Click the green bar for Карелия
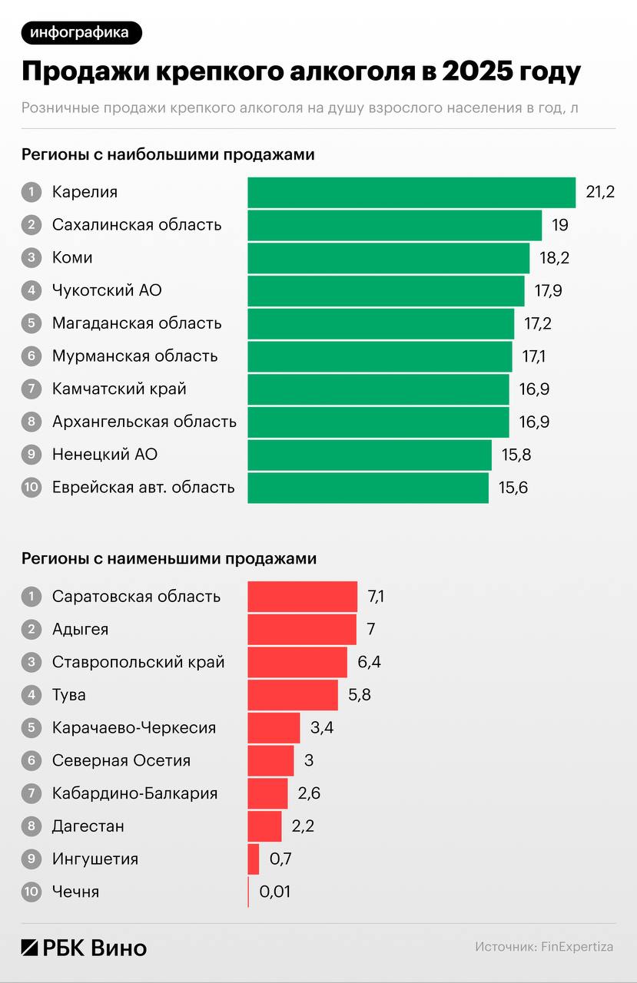point(411,192)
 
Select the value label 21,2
point(600,192)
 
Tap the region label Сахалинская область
point(137,225)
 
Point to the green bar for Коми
point(388,258)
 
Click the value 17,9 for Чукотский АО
point(548,291)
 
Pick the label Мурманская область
point(135,356)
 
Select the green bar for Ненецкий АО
point(369,455)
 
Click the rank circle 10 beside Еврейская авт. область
point(31,488)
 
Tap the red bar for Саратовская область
point(302,597)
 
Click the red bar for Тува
point(292,695)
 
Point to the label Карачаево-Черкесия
point(134,728)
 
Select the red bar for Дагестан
point(264,826)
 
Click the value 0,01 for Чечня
point(275,892)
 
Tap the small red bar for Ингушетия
point(254,859)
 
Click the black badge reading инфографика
point(81,32)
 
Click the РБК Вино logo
point(84,948)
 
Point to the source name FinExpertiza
point(577,947)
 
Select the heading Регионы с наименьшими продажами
point(169,559)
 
